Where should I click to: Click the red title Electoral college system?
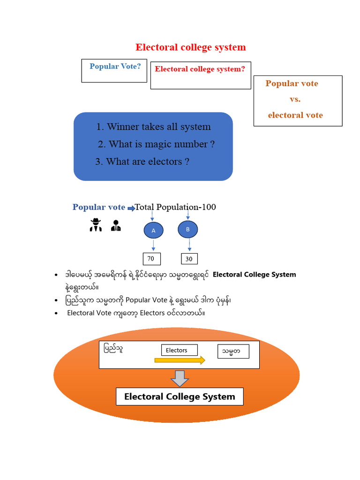[190, 47]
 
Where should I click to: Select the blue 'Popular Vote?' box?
[114, 71]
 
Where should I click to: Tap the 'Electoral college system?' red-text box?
[200, 75]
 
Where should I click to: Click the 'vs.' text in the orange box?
[295, 99]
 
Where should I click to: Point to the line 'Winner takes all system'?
[153, 127]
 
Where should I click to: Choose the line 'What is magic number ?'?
[157, 144]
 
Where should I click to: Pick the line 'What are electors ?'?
[142, 161]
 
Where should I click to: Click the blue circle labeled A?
[153, 231]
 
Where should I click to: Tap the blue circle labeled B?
[188, 229]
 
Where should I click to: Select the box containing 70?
[151, 258]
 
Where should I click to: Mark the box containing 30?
[189, 259]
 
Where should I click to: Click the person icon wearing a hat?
[96, 225]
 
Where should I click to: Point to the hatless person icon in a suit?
[115, 226]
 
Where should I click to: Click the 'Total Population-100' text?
[175, 207]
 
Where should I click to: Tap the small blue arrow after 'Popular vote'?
[131, 208]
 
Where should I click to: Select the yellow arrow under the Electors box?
[180, 360]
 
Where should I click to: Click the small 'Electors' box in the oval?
[180, 350]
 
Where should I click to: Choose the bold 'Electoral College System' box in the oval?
[180, 397]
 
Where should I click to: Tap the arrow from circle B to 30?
[188, 245]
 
